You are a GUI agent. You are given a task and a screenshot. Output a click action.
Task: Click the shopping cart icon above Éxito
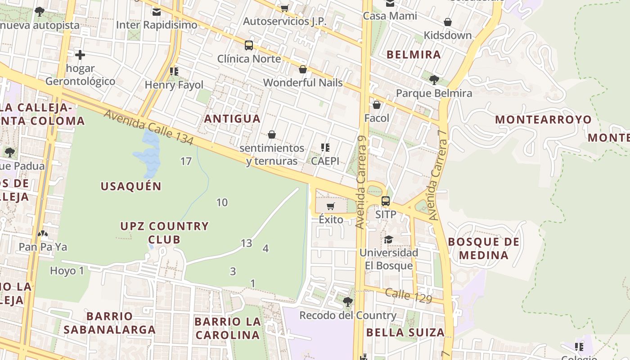point(331,207)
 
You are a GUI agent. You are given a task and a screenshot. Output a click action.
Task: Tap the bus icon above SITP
point(386,201)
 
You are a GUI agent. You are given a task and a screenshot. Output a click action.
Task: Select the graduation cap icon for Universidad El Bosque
point(388,239)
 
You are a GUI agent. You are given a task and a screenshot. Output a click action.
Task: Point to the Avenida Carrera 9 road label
point(361,182)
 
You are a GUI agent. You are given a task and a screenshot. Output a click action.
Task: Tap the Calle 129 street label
point(408,295)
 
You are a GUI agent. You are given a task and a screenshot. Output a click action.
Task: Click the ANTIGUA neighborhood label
point(232,119)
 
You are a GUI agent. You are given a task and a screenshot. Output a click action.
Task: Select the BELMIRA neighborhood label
point(414,55)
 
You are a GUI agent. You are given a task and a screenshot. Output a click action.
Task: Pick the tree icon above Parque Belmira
point(434,80)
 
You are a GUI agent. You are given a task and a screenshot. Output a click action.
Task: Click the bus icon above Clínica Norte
point(249,45)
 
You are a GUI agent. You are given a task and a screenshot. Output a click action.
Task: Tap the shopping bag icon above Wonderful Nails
point(303,69)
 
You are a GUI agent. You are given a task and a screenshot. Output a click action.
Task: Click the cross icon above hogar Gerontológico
point(80,55)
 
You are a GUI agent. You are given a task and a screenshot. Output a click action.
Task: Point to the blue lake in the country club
point(147,155)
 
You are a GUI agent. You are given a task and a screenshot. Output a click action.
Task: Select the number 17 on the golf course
point(186,161)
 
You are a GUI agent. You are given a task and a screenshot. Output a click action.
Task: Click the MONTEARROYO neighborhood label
point(543,120)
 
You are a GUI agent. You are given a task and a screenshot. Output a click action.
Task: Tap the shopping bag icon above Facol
point(377,105)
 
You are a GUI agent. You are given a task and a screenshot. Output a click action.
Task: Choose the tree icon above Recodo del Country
point(347,301)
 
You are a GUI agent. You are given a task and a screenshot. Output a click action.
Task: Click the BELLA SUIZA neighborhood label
point(405,333)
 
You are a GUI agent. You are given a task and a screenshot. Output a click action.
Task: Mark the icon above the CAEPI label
point(325,147)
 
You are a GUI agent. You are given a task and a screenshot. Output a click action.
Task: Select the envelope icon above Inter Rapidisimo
point(157,12)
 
